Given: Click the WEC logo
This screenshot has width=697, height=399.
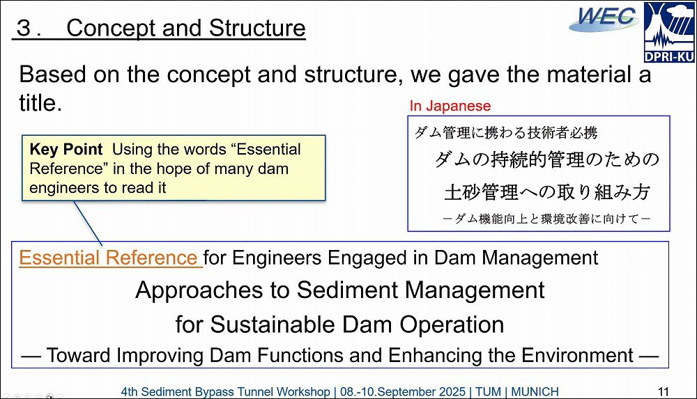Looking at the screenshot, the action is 604,19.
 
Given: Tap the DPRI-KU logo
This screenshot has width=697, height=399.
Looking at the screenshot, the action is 669,32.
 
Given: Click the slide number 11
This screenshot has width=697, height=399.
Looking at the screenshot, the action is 664,391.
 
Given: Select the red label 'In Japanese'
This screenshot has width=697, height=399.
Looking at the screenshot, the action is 450,106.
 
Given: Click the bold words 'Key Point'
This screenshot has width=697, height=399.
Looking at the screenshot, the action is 66,149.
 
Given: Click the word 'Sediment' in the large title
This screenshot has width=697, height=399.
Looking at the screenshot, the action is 346,290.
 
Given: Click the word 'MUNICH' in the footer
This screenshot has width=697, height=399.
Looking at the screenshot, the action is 535,392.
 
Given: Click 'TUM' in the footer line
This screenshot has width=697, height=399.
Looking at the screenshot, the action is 488,392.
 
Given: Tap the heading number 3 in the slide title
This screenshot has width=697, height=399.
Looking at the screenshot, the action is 23,28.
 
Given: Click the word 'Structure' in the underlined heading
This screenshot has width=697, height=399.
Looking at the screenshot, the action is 257,28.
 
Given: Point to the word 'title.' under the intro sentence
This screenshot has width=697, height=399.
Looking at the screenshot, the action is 40,102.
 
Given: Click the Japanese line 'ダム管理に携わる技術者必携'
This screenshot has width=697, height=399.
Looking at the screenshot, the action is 506,132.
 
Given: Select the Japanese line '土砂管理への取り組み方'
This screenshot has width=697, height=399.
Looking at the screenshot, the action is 548,192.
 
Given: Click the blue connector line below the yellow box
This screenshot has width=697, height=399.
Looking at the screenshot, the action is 88,223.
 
